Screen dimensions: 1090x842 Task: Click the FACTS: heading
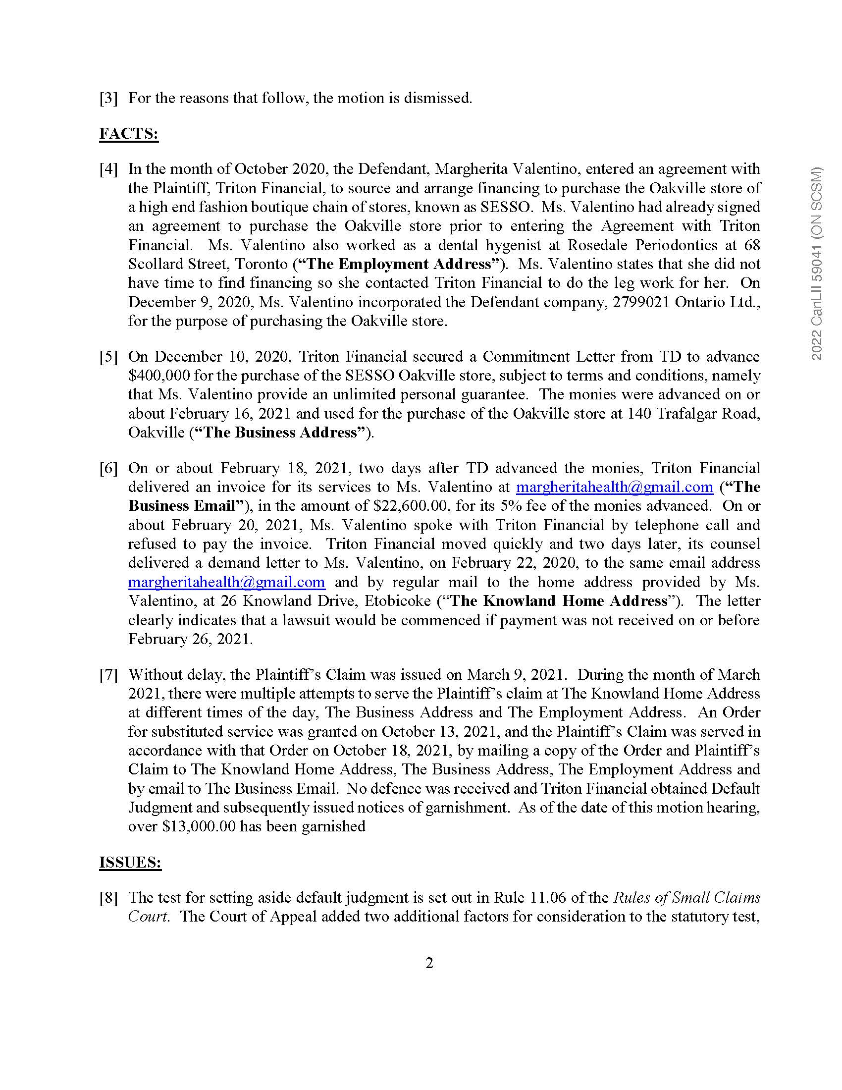129,134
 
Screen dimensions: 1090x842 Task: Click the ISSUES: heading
130,863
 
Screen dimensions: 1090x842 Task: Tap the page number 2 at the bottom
429,963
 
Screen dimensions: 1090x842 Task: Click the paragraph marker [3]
108,98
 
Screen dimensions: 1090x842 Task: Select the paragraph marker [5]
108,357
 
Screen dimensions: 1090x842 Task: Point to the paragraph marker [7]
108,675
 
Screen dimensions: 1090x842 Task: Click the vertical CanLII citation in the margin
817,265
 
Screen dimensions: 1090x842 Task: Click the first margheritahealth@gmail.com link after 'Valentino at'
615,487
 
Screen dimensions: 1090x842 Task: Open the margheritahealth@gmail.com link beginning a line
226,582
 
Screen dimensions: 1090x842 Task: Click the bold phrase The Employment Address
399,264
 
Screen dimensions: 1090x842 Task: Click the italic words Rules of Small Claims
686,898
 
